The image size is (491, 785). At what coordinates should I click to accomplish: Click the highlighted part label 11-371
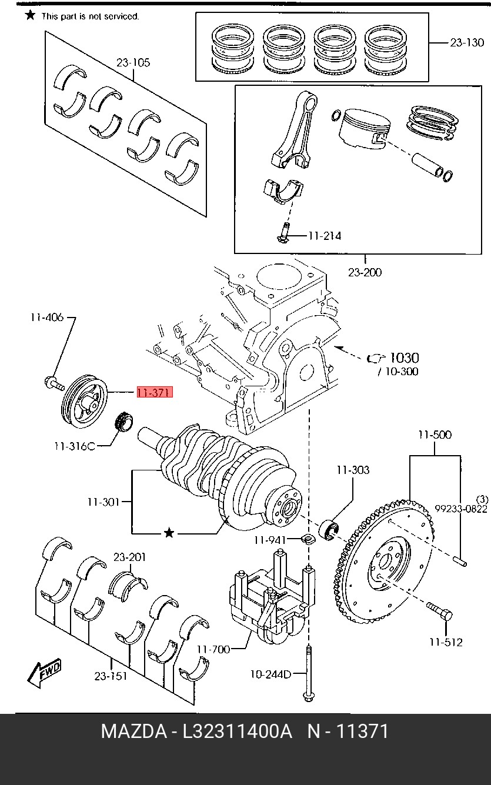click(x=155, y=393)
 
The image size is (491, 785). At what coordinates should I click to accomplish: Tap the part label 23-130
click(x=467, y=43)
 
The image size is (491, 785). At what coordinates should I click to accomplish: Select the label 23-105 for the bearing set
click(x=133, y=63)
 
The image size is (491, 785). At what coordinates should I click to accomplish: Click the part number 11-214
click(x=325, y=236)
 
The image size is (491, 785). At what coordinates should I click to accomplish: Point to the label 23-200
click(x=365, y=272)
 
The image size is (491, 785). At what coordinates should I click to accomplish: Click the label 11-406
click(x=47, y=318)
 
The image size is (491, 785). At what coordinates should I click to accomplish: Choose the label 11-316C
click(x=75, y=446)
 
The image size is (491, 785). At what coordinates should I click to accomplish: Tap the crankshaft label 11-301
click(x=103, y=502)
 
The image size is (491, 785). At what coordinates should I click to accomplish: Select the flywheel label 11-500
click(x=435, y=435)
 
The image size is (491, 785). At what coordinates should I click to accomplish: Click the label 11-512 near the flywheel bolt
click(x=446, y=642)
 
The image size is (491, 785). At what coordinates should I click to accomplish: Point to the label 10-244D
click(x=270, y=674)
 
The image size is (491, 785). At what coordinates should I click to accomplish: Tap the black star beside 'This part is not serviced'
click(x=31, y=15)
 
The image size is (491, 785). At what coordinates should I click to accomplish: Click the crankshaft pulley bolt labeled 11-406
click(x=54, y=383)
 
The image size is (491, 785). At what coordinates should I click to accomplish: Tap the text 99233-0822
click(x=461, y=509)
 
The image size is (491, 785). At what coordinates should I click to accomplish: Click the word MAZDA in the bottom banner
click(x=134, y=731)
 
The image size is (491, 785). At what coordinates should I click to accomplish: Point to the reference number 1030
click(x=405, y=358)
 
